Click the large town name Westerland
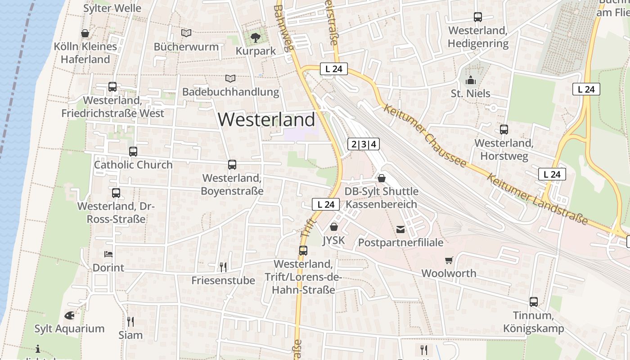pos(266,120)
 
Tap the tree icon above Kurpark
pos(256,37)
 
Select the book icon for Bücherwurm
pos(186,33)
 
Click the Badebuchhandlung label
pos(230,92)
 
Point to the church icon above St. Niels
pos(471,81)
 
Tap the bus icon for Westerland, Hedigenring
pos(478,17)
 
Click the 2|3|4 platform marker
pos(364,144)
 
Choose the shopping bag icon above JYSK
pos(334,227)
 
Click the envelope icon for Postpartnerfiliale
pos(400,229)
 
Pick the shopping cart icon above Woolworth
pos(449,260)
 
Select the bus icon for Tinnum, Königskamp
pos(534,301)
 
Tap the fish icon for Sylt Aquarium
pos(69,315)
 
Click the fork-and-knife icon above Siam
pos(130,321)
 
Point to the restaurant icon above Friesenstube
pos(223,267)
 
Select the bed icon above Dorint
pos(108,254)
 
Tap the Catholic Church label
pos(133,165)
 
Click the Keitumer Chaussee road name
pos(425,135)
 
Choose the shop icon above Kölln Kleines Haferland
pos(85,33)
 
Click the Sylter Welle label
pos(112,8)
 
